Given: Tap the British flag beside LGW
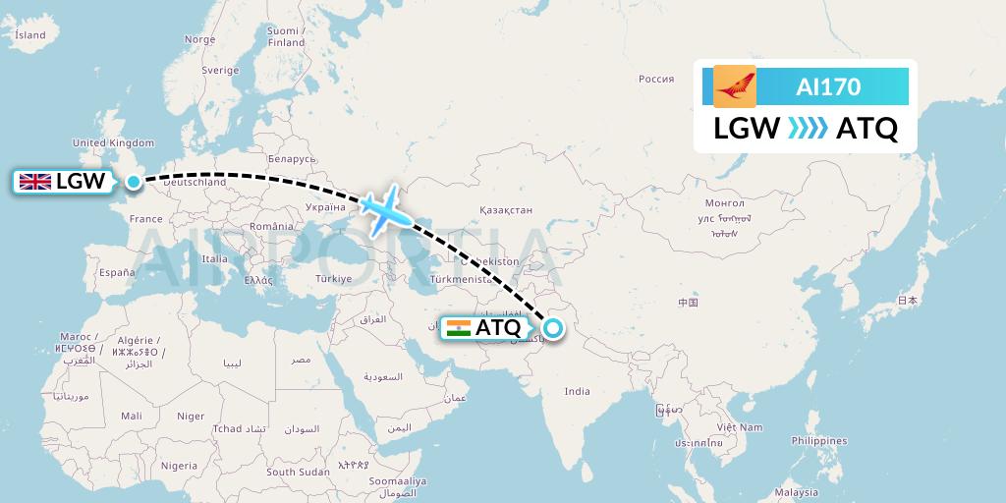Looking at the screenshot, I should click(x=36, y=181).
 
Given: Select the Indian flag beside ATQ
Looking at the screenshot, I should click(x=458, y=328).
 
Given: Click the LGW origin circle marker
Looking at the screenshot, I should click(x=134, y=181).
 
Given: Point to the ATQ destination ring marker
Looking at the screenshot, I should click(x=554, y=329).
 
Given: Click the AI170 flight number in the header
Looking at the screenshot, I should click(x=828, y=87).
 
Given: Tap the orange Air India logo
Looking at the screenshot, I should click(x=735, y=86).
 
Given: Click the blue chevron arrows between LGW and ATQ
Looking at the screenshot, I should click(x=808, y=129).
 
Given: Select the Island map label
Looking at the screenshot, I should click(x=30, y=35).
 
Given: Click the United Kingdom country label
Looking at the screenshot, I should click(x=114, y=143).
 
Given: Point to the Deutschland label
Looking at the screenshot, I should click(x=195, y=183).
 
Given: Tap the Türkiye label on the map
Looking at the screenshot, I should click(x=333, y=279).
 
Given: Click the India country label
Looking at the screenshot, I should click(x=578, y=391).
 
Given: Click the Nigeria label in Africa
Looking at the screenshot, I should click(x=179, y=466).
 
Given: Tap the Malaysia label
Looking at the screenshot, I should click(x=796, y=492).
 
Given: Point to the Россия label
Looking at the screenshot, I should click(x=656, y=80).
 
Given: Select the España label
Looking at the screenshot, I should click(x=116, y=273).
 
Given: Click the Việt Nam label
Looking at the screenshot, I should click(x=739, y=427).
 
